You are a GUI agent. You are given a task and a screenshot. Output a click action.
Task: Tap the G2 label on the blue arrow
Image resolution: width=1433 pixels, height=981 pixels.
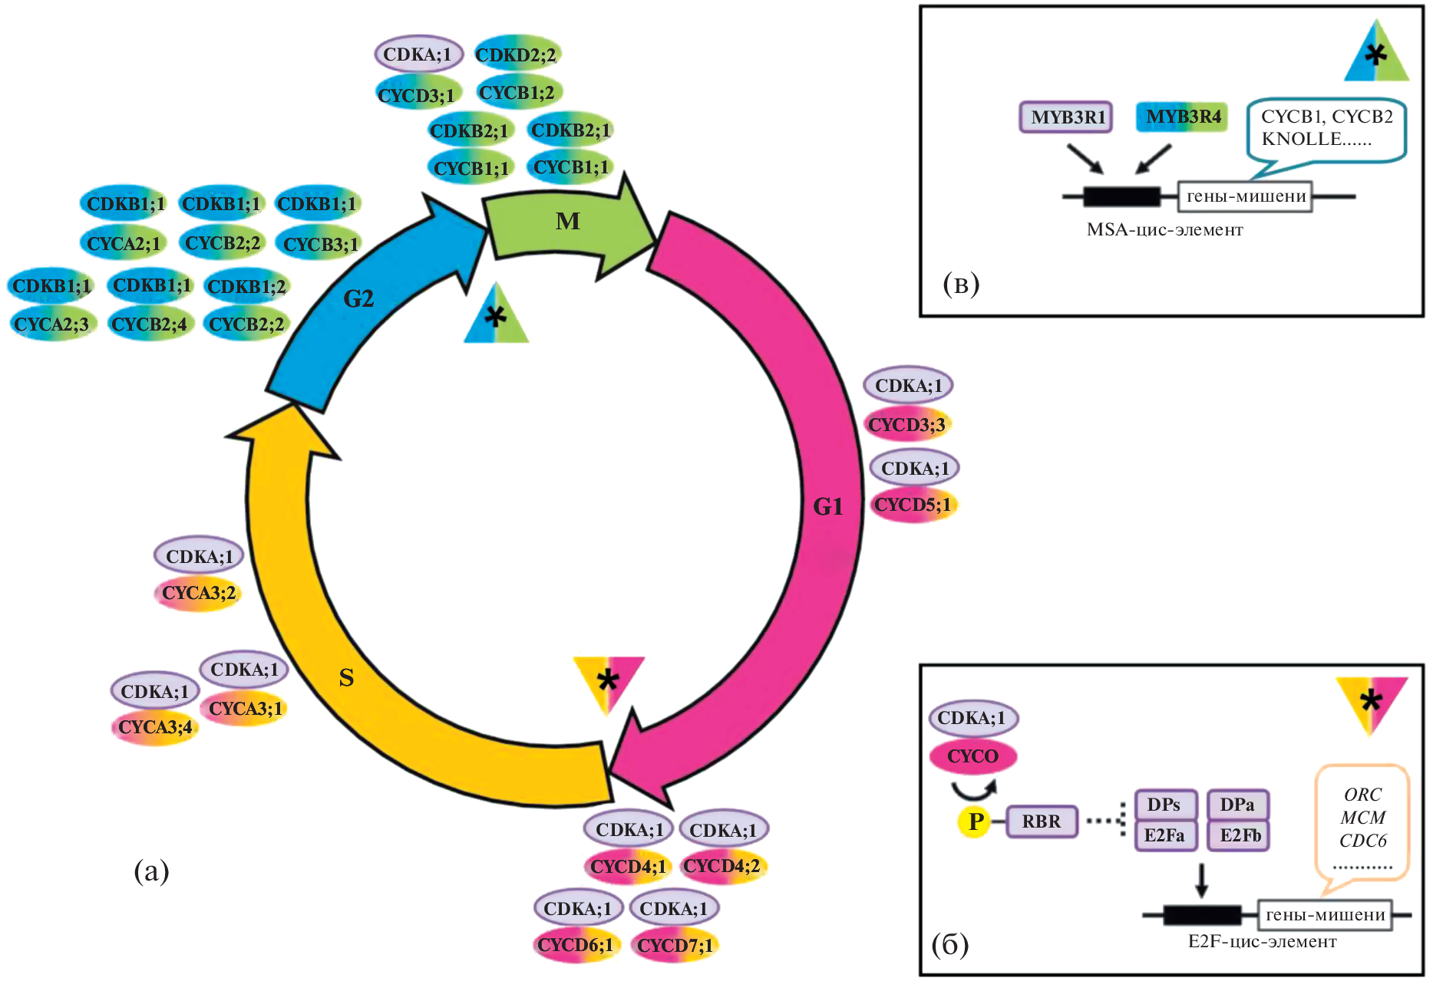pos(358,298)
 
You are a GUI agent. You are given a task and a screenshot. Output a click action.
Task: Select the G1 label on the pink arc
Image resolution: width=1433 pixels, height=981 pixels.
pos(828,506)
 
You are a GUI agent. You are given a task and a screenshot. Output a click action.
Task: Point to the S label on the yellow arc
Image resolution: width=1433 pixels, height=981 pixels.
pos(346,676)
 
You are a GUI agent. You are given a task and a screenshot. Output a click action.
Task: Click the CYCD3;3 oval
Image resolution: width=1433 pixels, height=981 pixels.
pos(907,424)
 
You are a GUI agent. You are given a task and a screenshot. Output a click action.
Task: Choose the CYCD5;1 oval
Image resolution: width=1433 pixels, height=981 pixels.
pos(913,505)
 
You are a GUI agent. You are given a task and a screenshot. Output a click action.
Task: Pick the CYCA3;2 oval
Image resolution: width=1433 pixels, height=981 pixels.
pos(199,593)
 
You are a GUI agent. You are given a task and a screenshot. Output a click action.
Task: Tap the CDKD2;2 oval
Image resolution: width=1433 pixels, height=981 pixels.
pos(516,54)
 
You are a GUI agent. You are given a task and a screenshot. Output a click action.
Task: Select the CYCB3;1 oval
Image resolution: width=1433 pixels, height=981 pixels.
pos(320,244)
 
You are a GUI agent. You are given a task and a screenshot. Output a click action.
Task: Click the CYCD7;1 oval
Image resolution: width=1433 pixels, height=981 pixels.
pos(675,945)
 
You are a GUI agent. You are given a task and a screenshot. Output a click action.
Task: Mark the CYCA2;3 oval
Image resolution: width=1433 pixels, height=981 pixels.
pos(51,324)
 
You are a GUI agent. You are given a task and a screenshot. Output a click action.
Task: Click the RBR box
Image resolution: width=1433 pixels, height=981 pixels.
pos(1041,821)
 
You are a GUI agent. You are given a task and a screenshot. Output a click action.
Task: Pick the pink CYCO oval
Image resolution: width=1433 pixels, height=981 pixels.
pos(972,756)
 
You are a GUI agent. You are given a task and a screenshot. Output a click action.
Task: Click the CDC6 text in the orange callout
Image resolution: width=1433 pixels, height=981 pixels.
pos(1362,841)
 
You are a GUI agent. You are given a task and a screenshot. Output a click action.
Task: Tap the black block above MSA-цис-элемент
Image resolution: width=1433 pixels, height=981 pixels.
pos(1121,197)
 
